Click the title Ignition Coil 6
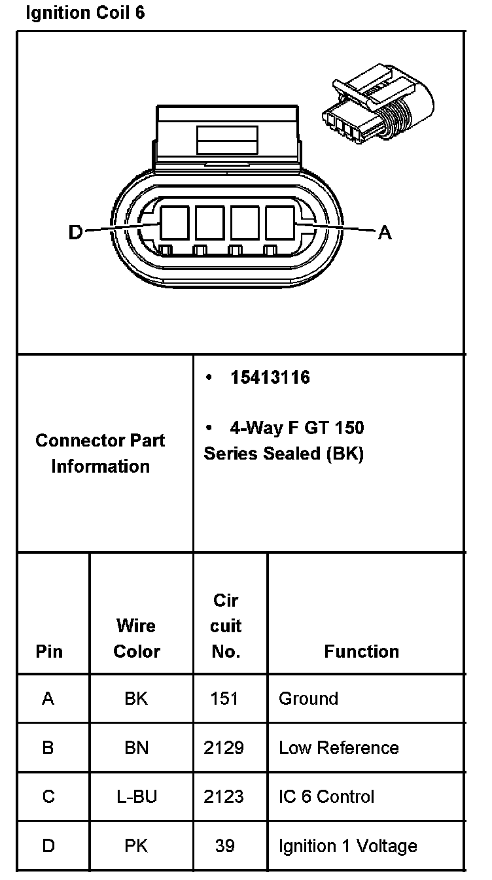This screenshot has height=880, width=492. click(x=84, y=13)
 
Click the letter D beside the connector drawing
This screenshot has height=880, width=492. click(x=76, y=232)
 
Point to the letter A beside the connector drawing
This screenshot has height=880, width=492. click(x=385, y=232)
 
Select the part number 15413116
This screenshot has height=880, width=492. click(x=270, y=378)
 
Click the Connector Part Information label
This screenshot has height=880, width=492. click(x=100, y=453)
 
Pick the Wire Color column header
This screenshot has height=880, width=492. click(x=136, y=638)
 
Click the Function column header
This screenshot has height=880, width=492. click(x=361, y=651)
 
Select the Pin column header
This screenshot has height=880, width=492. click(x=49, y=651)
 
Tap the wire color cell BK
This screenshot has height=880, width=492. click(x=136, y=699)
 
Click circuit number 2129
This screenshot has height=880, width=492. click(x=224, y=748)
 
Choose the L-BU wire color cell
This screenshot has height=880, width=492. click(x=136, y=797)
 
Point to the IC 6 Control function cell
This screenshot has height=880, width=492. click(x=326, y=797)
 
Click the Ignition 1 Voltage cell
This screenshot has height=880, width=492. click(x=347, y=846)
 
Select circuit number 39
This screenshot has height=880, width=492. click(x=224, y=846)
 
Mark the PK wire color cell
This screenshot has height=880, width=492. click(x=136, y=846)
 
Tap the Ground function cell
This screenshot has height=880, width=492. click(x=308, y=699)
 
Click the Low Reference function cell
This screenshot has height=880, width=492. click(x=338, y=748)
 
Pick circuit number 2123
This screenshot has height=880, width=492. click(x=224, y=797)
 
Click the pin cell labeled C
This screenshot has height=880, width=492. click(x=48, y=797)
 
